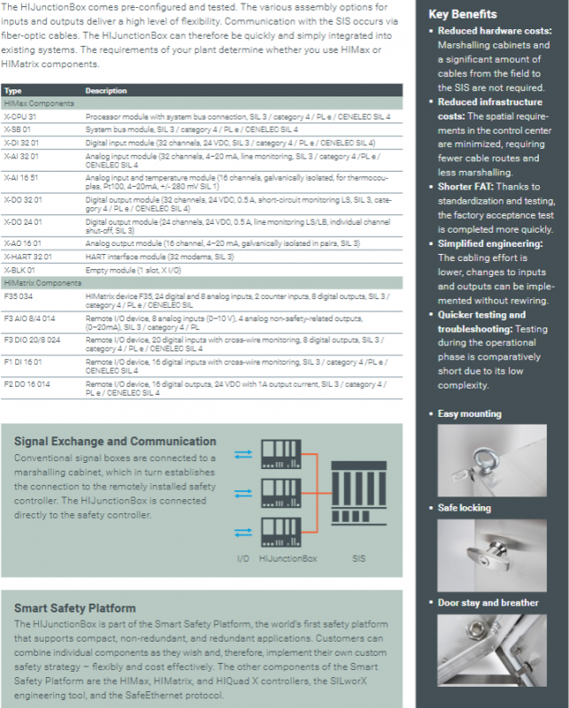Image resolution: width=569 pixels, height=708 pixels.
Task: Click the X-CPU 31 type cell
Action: [19, 117]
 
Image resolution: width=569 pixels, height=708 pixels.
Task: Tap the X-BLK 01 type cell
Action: [19, 269]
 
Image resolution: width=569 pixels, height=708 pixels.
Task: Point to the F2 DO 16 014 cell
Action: [27, 385]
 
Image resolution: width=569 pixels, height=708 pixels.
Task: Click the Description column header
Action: [106, 91]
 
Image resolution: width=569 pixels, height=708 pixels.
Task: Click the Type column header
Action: [12, 91]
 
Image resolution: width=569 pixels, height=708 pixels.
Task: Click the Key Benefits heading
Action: [462, 14]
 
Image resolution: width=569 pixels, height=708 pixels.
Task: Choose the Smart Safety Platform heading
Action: [74, 609]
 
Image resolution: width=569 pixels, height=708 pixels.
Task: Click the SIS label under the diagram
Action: [358, 558]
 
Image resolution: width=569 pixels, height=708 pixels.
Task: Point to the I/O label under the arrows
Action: [243, 558]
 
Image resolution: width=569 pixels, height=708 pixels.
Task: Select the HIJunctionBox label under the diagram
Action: [288, 558]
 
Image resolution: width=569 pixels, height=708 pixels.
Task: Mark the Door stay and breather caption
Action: [488, 603]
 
